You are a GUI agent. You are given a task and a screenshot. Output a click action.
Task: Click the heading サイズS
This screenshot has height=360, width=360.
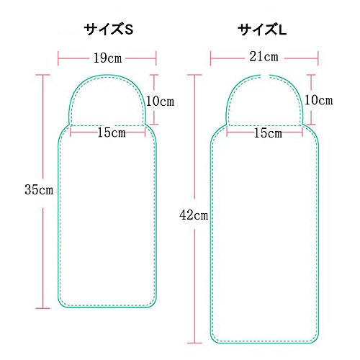coord(109,30)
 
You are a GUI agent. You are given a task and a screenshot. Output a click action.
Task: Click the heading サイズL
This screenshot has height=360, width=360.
coord(262,30)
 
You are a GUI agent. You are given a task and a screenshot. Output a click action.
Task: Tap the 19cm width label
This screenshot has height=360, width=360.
coord(107,58)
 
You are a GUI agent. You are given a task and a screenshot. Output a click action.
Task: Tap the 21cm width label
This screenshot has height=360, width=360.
coord(264,57)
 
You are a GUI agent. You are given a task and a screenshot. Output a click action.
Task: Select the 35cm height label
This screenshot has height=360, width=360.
coord(39,189)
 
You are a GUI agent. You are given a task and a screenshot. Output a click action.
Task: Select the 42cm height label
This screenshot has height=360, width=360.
coord(194,215)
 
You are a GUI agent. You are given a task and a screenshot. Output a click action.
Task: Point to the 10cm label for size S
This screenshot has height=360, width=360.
coord(160,101)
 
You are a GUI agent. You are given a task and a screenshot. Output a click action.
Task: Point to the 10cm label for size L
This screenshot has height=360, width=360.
coord(319,100)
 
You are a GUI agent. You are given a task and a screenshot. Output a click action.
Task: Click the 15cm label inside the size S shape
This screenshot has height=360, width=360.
coord(112,132)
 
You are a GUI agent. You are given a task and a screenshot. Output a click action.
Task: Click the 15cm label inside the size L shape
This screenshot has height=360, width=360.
coord(268,133)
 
